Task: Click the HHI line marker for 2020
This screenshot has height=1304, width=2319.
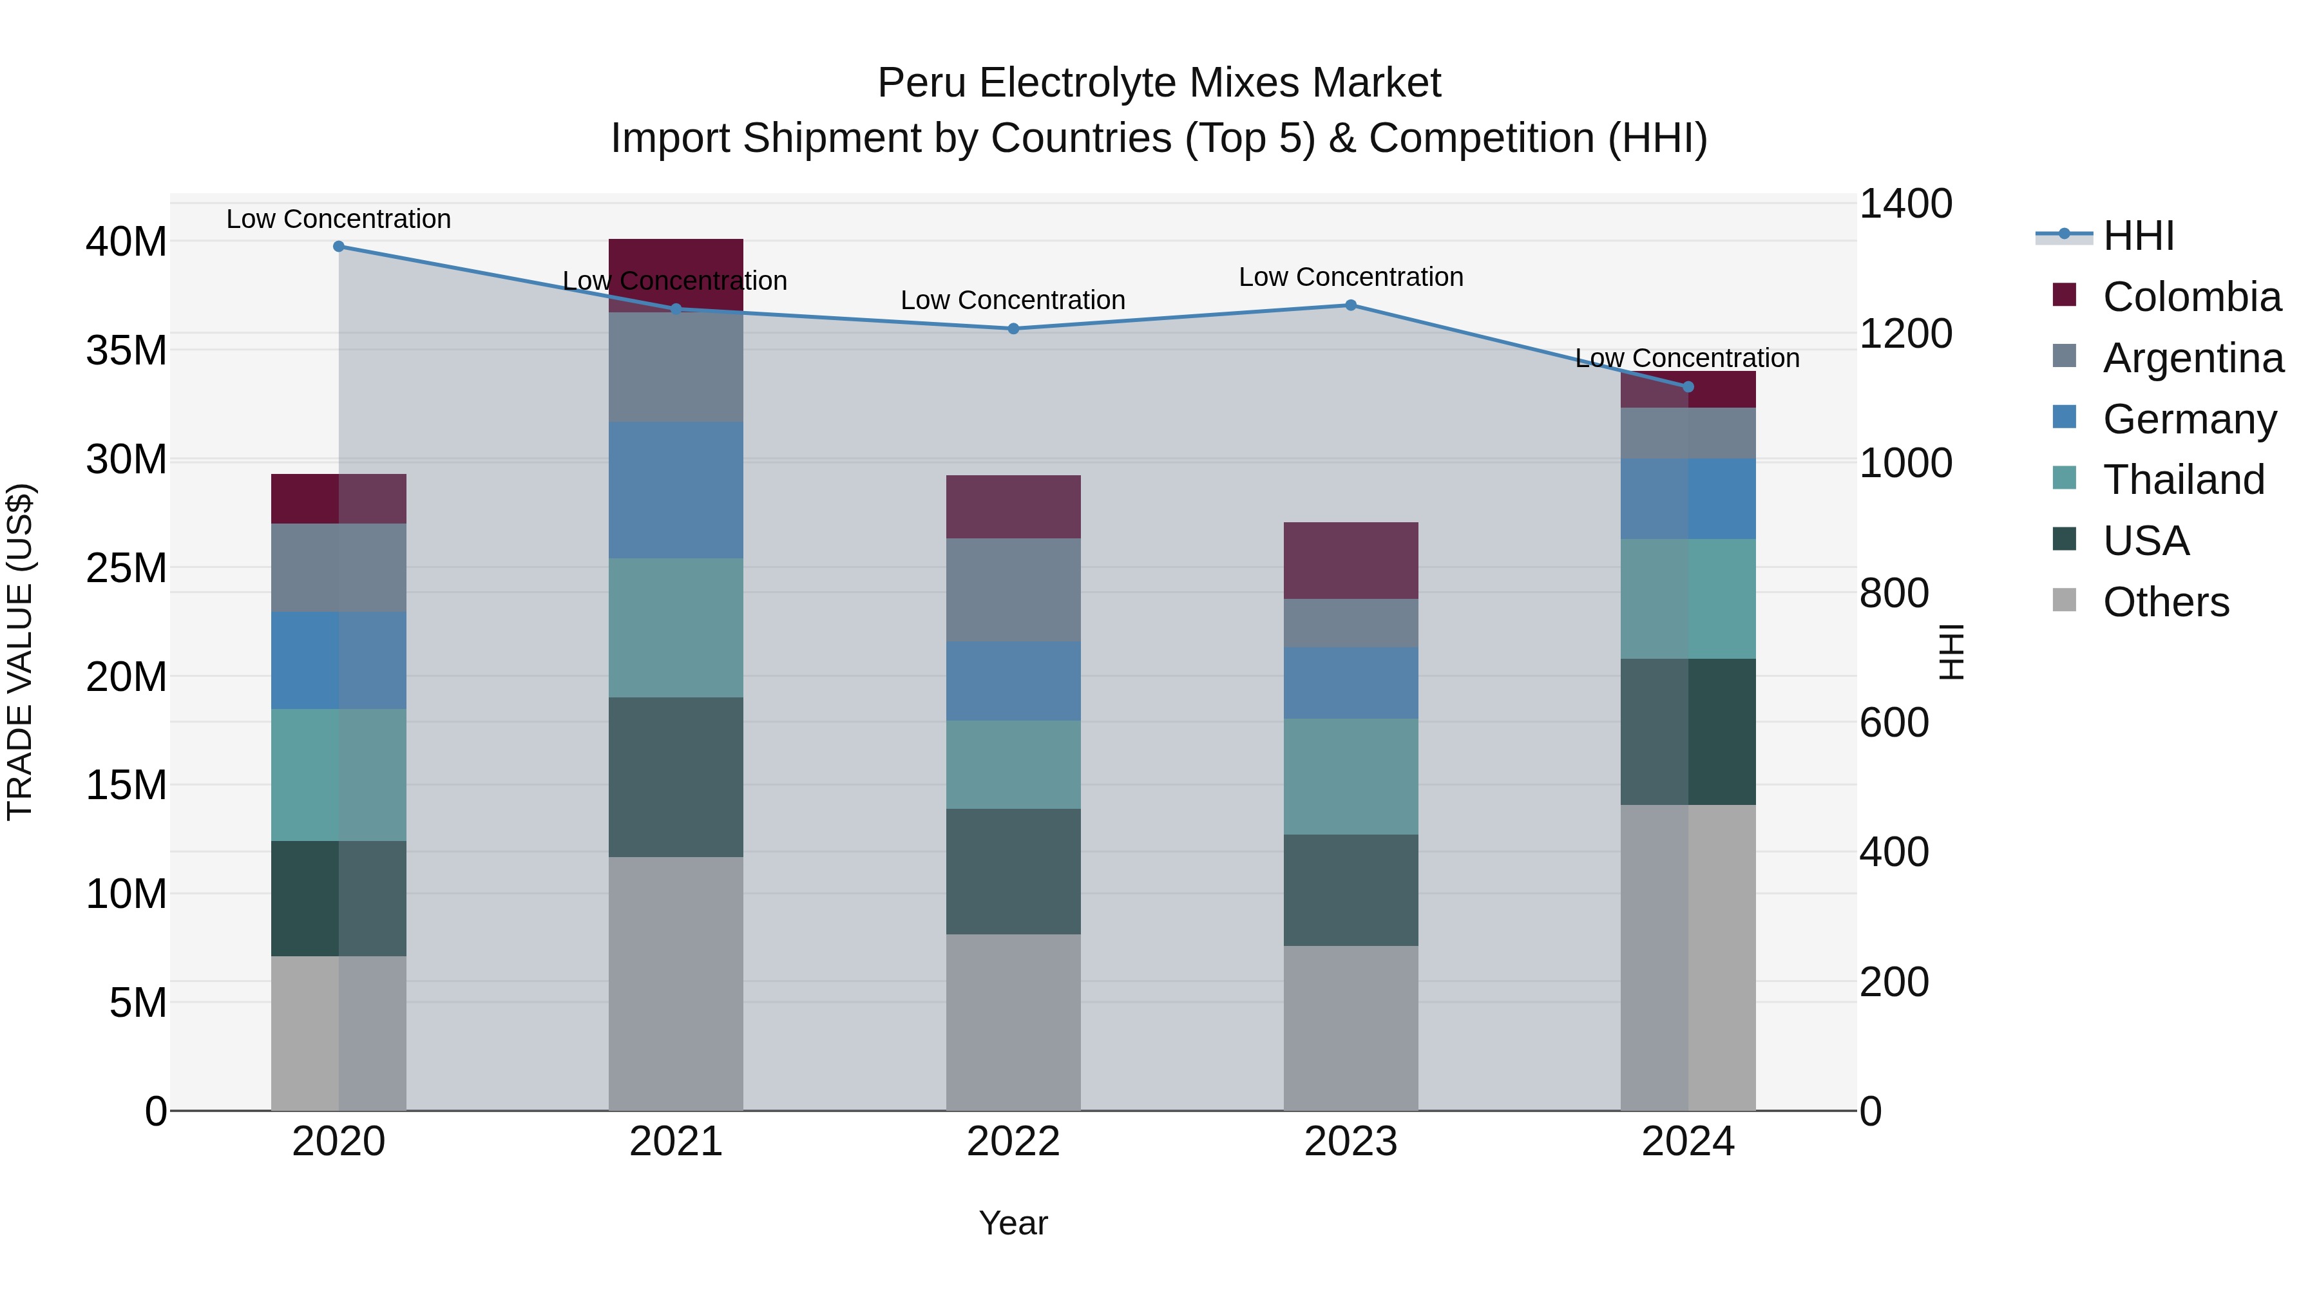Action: [x=338, y=247]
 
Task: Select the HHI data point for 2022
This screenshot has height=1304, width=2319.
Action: [x=1013, y=329]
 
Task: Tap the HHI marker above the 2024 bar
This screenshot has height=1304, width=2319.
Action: [x=1688, y=387]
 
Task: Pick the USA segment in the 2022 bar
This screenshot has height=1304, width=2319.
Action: [x=1013, y=871]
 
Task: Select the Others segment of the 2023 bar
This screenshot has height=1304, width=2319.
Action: [x=1350, y=1028]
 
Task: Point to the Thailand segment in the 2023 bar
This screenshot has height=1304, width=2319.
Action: [x=1350, y=776]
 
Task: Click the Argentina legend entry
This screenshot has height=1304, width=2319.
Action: [x=2193, y=358]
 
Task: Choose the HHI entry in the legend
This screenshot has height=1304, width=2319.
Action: [x=2138, y=236]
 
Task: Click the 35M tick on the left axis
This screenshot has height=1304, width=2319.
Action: [x=126, y=350]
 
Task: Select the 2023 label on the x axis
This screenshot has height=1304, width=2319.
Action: [x=1350, y=1142]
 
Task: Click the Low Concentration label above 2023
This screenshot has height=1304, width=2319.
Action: [x=1350, y=277]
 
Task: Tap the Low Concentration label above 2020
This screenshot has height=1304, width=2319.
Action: [x=338, y=220]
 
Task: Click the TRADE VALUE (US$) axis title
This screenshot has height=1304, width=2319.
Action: [x=20, y=652]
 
